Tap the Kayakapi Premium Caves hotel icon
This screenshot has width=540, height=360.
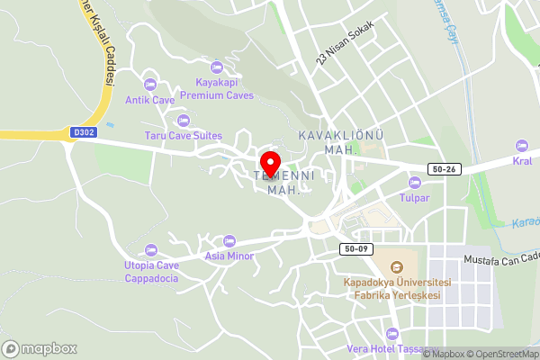click(216, 67)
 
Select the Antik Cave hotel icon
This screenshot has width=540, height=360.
click(149, 84)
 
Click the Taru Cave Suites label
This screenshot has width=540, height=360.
click(184, 136)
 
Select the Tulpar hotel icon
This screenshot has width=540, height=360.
click(414, 182)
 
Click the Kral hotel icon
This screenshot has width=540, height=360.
click(521, 146)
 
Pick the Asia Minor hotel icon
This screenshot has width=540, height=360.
click(229, 241)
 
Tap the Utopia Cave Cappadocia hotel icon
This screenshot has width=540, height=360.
click(150, 249)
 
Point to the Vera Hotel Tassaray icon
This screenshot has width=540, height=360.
click(391, 333)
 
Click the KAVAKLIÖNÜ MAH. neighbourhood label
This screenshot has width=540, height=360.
click(341, 141)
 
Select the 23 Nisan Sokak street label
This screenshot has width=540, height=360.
click(345, 42)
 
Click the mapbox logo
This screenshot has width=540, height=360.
click(40, 348)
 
